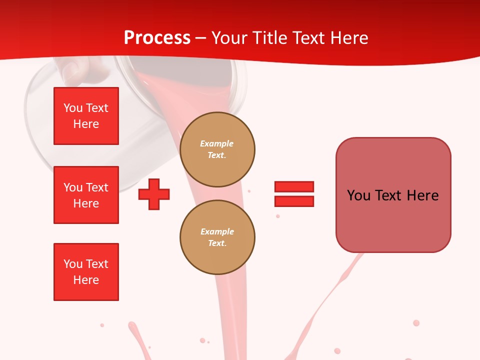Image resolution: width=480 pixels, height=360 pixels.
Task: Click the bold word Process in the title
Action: [157, 38]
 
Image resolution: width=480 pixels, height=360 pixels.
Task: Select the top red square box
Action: [86, 116]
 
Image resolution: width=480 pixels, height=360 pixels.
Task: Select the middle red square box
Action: [86, 195]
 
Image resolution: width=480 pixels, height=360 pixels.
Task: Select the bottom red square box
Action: [86, 272]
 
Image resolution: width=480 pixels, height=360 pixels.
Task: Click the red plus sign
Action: [154, 194]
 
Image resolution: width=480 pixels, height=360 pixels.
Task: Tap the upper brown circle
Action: [217, 149]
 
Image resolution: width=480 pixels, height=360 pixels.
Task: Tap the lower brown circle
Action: [217, 237]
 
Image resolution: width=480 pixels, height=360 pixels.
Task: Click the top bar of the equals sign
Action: [294, 187]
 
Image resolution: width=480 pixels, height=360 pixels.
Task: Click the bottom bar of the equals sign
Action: [294, 201]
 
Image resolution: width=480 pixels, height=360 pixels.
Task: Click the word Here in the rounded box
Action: [422, 195]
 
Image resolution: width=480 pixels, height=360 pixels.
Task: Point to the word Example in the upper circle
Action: [216, 143]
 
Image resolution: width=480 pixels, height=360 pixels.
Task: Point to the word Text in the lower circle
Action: [217, 243]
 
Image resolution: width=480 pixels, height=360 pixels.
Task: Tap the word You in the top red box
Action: [73, 108]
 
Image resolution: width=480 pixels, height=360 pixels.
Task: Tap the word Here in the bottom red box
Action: [86, 280]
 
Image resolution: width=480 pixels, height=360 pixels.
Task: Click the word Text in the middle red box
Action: [96, 187]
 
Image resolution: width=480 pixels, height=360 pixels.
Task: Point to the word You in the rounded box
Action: [358, 195]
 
